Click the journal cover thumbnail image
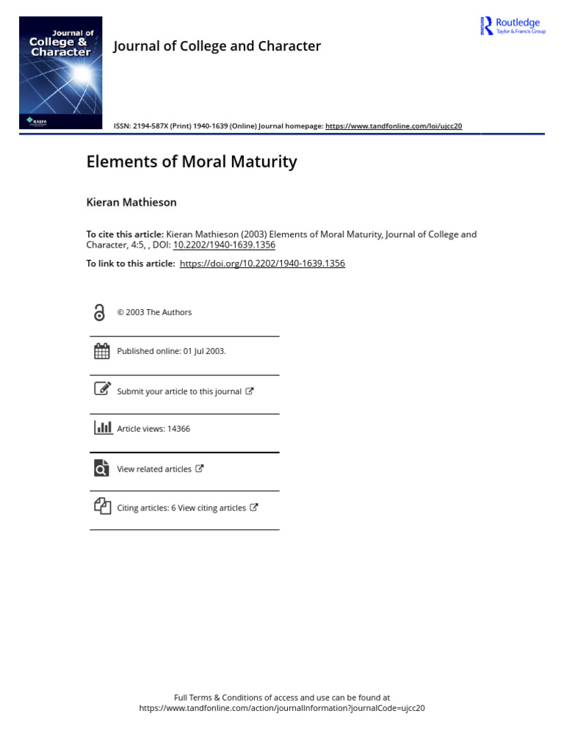(60, 73)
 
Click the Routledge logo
(513, 26)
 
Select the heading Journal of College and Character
(217, 46)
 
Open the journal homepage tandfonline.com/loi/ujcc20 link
(394, 126)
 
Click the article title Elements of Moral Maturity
(192, 162)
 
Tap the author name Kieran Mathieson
(131, 202)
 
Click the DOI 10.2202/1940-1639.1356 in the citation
(224, 245)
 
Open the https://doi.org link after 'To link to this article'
(262, 264)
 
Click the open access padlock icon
(100, 313)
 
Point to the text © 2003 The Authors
(154, 313)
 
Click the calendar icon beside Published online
(102, 351)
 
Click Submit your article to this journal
(179, 391)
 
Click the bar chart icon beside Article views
(103, 428)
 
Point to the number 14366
(178, 429)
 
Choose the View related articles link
(154, 469)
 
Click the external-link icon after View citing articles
(254, 507)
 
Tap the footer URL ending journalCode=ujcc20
(282, 709)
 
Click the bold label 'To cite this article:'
(125, 234)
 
